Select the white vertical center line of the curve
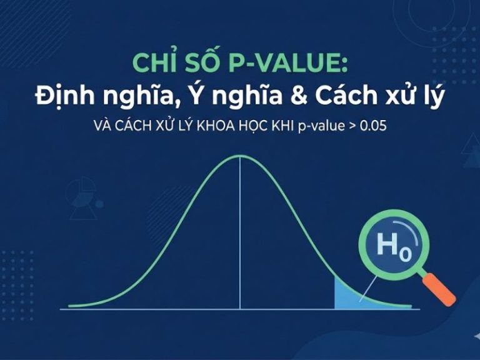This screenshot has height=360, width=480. click(240, 250)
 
